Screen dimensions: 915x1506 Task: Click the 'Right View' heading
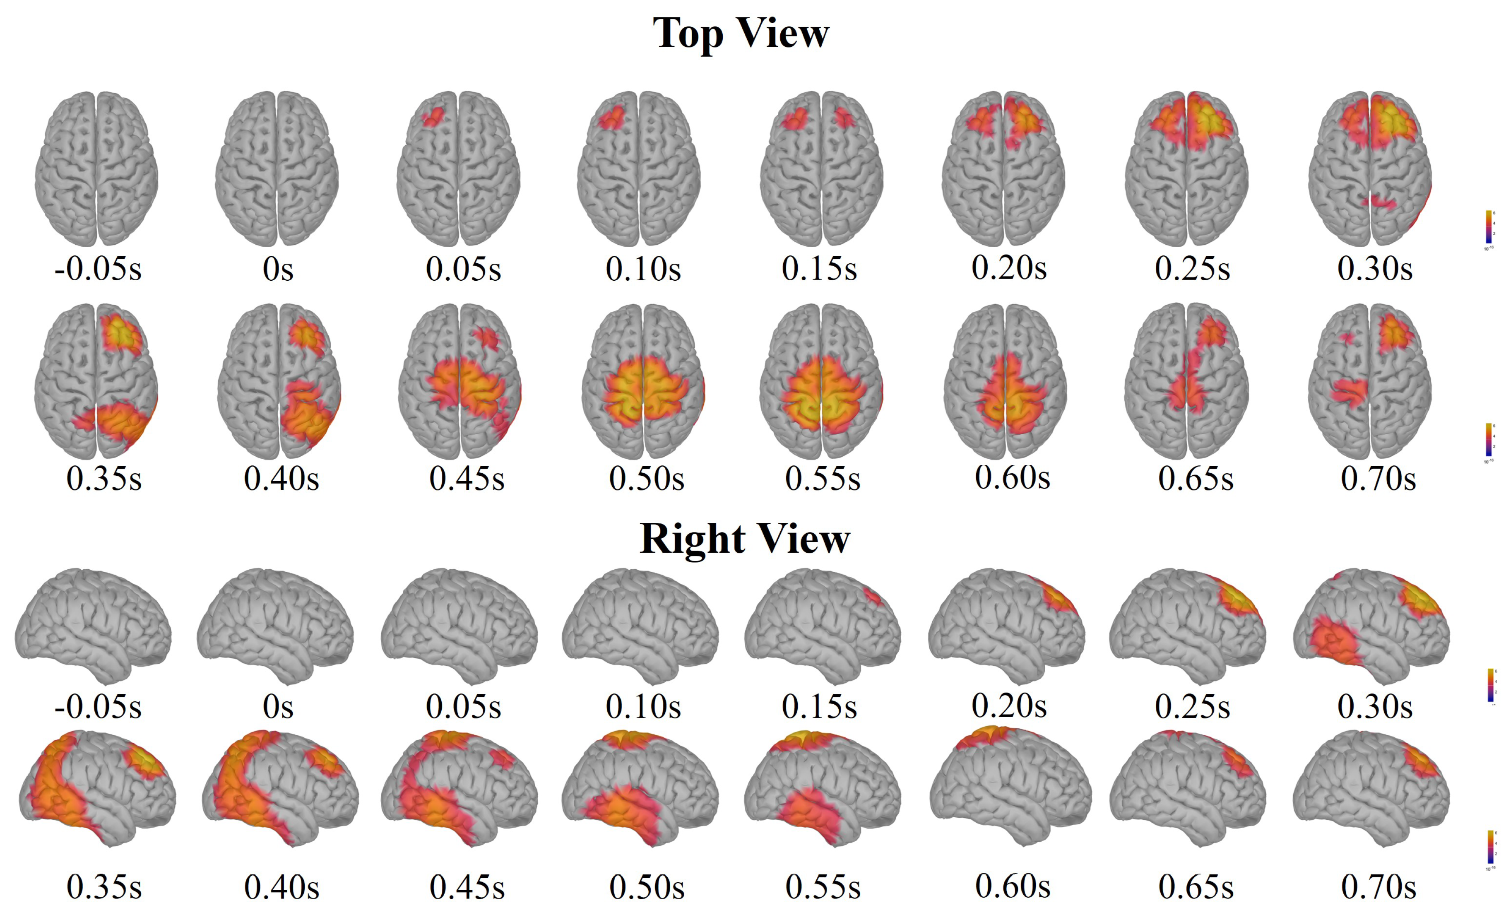click(744, 539)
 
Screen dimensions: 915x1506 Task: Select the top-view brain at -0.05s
click(96, 169)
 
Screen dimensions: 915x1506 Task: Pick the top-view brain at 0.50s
click(643, 381)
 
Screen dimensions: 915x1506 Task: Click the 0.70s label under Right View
click(1378, 887)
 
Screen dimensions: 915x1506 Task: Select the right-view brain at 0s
click(275, 625)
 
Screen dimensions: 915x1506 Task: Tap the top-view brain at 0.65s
click(1187, 381)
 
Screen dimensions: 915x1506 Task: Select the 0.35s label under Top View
click(104, 479)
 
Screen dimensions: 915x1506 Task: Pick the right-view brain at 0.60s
click(1010, 787)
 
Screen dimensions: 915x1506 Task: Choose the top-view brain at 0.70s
click(1370, 381)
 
